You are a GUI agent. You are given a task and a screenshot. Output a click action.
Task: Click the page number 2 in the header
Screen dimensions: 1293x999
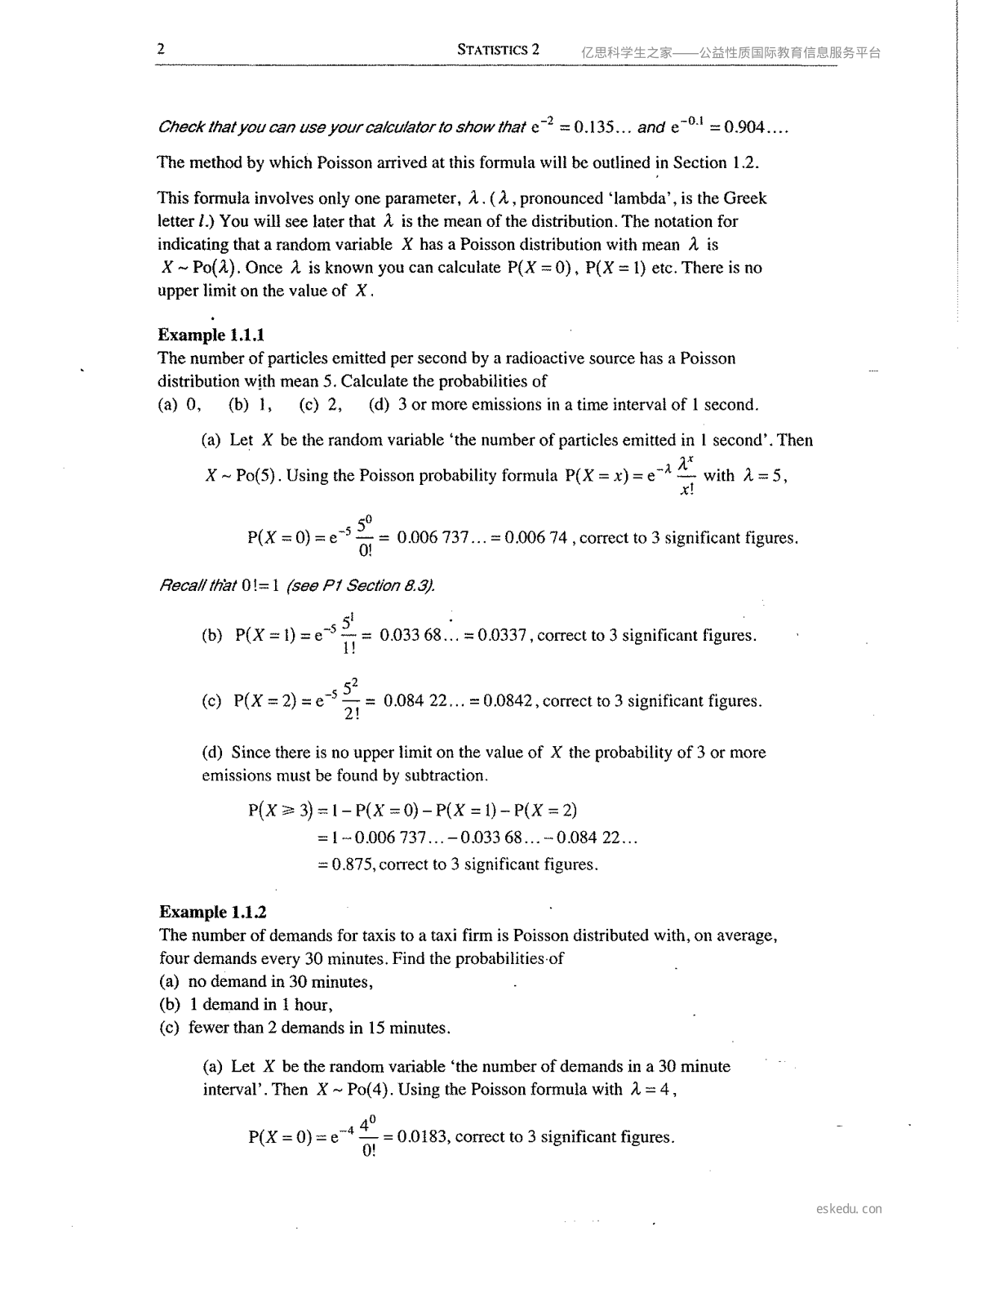pos(161,49)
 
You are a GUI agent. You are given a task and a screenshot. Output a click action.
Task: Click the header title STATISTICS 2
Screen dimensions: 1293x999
pos(498,50)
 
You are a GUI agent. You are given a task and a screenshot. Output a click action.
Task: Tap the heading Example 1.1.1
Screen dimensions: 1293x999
pos(211,335)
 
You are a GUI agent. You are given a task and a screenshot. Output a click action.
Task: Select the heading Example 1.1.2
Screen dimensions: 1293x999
pos(212,912)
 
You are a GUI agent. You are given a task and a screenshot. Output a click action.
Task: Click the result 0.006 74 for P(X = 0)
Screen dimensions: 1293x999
pos(535,538)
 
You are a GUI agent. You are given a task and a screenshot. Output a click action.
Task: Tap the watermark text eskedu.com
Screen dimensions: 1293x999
pos(849,1209)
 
